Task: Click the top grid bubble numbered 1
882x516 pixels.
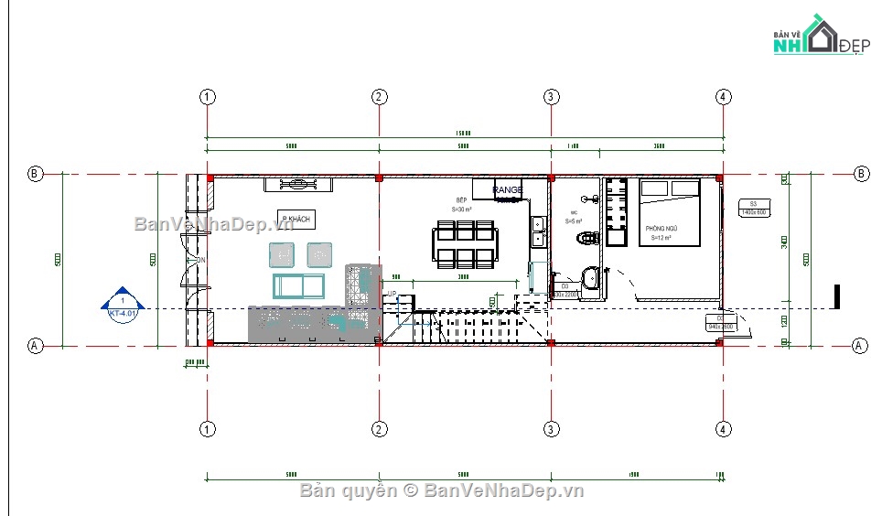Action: coord(208,96)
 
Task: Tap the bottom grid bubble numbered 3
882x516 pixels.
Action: coord(551,428)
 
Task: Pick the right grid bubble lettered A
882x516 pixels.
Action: coord(859,346)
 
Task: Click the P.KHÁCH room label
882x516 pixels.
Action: coord(296,220)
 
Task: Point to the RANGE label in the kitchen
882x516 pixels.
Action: coord(508,190)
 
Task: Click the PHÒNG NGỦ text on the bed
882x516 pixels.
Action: coord(660,228)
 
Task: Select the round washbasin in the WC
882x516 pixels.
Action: coord(591,277)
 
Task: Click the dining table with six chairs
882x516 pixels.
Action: coord(465,244)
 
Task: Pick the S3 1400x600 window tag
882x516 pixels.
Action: coord(753,208)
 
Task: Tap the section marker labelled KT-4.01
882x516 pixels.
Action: coord(122,306)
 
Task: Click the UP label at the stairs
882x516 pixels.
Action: coord(392,294)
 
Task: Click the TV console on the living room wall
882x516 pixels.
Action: coord(298,185)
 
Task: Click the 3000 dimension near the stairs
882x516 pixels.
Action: coord(464,276)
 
